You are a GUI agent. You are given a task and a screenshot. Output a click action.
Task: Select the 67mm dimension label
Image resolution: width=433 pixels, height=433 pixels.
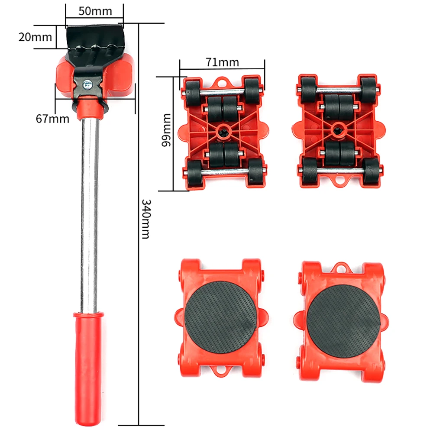(x=52, y=119)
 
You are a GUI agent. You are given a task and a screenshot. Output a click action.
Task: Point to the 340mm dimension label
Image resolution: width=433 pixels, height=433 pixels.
(x=146, y=219)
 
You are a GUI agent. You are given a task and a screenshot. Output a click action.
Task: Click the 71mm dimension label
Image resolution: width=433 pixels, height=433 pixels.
(x=222, y=62)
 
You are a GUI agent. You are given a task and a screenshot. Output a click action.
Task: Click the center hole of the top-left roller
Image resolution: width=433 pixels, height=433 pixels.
(x=223, y=130)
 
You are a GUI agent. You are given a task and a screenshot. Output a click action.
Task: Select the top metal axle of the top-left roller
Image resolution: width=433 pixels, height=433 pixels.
(x=223, y=91)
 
